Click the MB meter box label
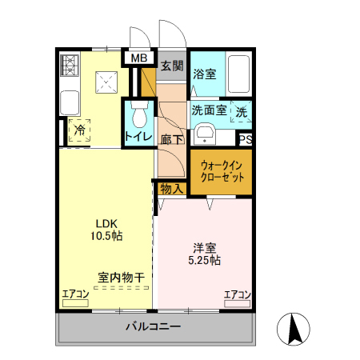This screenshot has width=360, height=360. point(139,58)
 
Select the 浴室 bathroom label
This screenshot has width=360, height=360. point(205,74)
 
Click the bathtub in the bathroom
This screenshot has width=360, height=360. point(239,74)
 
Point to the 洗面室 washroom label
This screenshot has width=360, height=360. point(207,110)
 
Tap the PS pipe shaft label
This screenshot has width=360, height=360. point(246,139)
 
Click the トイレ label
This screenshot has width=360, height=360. point(138,138)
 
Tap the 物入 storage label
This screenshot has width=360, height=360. point(171,189)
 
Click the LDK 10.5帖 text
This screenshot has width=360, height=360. point(108,230)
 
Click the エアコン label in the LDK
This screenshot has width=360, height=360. point(76,294)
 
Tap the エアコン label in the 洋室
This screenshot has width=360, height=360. point(238,294)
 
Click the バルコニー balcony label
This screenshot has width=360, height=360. point(154,327)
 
